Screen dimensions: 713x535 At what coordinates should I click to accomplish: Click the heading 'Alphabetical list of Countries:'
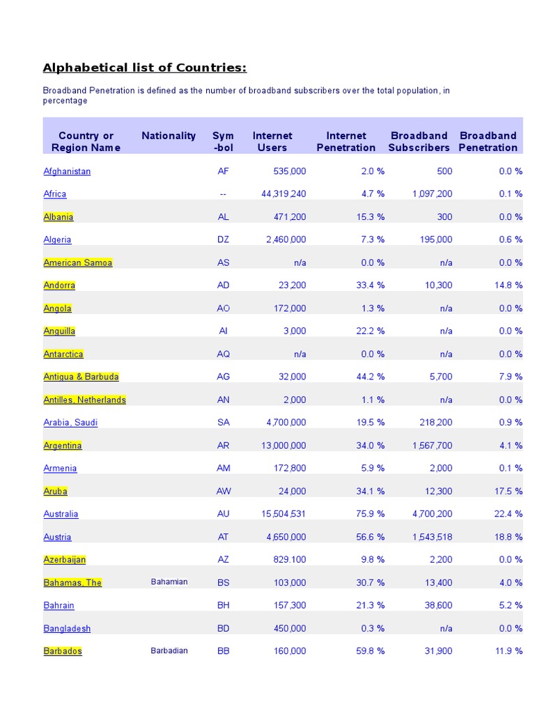[x=144, y=68]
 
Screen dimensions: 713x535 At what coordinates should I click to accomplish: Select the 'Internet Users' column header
[x=272, y=141]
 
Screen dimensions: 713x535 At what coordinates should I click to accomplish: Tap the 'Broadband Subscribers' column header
[x=419, y=141]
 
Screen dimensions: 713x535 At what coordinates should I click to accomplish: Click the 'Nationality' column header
[x=169, y=136]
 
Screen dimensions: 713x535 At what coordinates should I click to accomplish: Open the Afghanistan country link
[x=67, y=171]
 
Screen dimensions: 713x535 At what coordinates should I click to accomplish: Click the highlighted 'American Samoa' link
[x=77, y=263]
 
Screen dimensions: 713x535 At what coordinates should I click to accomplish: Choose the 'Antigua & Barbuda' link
[x=81, y=377]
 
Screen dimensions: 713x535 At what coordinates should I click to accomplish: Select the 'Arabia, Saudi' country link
[x=70, y=423]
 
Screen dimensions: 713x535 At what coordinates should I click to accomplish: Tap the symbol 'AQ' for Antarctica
[x=223, y=354]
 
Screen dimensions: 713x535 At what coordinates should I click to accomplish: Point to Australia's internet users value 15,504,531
[x=283, y=514]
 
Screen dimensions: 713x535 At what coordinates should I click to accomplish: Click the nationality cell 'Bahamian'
[x=169, y=581]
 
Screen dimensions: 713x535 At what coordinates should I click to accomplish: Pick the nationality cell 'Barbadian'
[x=169, y=650]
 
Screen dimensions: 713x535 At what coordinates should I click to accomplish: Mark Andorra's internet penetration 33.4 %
[x=370, y=285]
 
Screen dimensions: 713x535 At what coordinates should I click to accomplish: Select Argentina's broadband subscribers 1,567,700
[x=431, y=446]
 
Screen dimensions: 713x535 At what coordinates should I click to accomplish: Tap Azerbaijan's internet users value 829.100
[x=286, y=560]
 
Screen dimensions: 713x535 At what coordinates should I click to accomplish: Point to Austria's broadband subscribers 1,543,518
[x=431, y=537]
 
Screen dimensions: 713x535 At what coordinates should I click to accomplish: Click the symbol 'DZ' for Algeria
[x=223, y=240]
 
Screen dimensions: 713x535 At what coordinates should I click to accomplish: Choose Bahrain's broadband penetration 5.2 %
[x=510, y=606]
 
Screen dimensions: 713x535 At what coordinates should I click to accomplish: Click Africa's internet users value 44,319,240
[x=283, y=194]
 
